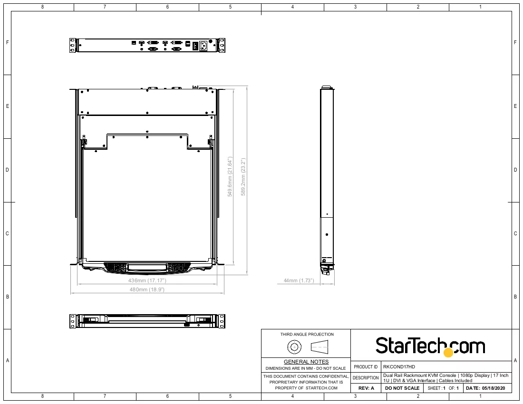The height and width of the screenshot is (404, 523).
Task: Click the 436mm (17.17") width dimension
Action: pyautogui.click(x=147, y=280)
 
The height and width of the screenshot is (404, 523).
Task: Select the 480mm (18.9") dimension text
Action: pyautogui.click(x=147, y=289)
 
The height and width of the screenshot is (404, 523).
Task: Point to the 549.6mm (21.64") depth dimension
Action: pyautogui.click(x=230, y=177)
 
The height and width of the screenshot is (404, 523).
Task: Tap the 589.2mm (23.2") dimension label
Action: pyautogui.click(x=243, y=177)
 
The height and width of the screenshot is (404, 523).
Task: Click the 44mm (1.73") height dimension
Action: pyautogui.click(x=299, y=280)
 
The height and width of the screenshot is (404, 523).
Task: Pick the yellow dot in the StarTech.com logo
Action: pyautogui.click(x=448, y=352)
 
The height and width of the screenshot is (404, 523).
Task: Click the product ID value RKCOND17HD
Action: pyautogui.click(x=399, y=366)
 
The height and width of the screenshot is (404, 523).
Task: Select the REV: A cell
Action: pyautogui.click(x=366, y=388)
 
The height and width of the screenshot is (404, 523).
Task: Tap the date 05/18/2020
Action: pyautogui.click(x=494, y=388)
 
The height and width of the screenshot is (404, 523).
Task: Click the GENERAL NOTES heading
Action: pyautogui.click(x=306, y=362)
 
